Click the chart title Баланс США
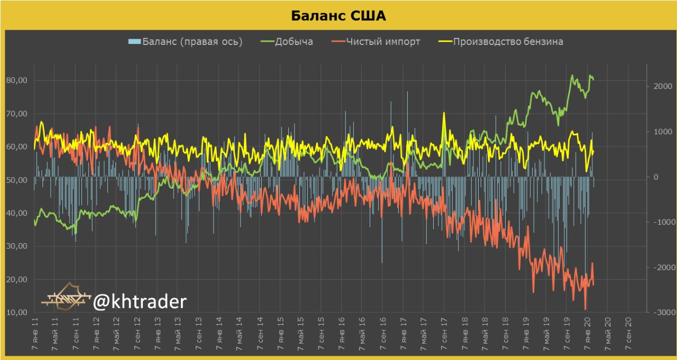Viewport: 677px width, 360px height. [338, 16]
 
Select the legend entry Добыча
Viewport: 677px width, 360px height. [294, 42]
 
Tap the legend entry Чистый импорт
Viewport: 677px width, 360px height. [383, 42]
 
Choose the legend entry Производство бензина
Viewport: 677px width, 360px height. [508, 42]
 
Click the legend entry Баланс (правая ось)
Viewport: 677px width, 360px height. [192, 42]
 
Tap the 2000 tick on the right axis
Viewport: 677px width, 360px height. [662, 86]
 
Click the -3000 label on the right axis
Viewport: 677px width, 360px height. [661, 312]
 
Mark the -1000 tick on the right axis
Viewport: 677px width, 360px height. [661, 222]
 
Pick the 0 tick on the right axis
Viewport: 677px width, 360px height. [656, 177]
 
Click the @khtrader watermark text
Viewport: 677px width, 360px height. [140, 302]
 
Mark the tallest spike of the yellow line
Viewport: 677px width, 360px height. [443, 113]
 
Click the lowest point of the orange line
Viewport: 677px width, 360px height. [585, 309]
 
